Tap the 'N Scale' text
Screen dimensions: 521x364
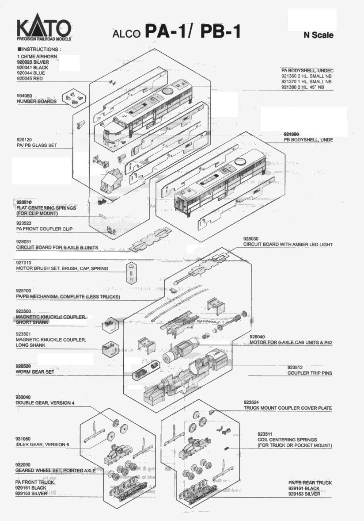point(318,35)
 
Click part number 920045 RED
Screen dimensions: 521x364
point(29,78)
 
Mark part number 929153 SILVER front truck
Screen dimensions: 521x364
point(31,493)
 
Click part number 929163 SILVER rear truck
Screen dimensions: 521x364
point(304,494)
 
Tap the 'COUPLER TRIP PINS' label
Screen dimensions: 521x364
point(310,373)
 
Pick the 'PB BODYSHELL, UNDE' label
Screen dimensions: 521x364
point(308,140)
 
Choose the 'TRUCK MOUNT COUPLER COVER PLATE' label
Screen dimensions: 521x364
point(288,408)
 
